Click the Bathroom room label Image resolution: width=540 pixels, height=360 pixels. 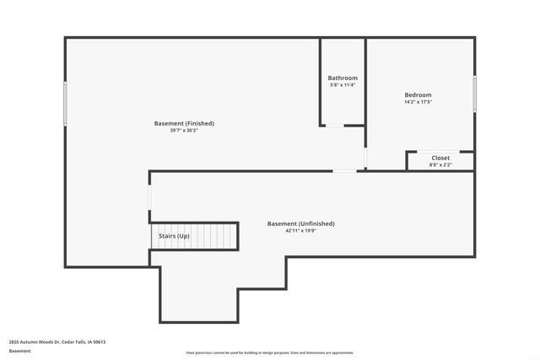coord(342,78)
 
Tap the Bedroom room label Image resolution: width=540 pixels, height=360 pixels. coord(418,95)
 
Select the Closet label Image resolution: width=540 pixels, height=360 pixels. coord(440,158)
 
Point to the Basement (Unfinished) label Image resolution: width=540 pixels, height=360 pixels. coord(300,223)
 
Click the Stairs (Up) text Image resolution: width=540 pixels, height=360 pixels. coord(174,236)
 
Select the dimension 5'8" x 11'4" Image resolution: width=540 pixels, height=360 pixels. coord(342,85)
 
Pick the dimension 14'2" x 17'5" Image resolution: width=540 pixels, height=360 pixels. coord(418,102)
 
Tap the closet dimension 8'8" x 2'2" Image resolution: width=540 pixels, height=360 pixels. coord(440,164)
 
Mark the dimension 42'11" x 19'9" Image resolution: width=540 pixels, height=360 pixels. coord(300,230)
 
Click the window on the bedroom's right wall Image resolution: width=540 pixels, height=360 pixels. coord(474,92)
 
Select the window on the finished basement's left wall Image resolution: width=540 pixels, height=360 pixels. coord(65,103)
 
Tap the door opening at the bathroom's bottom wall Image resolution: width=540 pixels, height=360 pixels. coord(335,126)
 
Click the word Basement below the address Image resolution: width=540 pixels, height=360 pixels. coord(19,351)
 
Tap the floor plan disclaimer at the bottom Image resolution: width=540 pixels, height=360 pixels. coord(269,352)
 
